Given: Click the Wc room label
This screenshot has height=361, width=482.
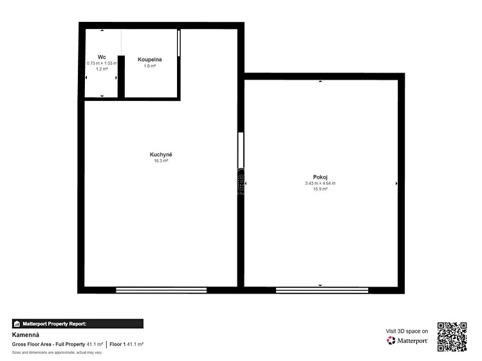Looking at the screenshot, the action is pos(102,57).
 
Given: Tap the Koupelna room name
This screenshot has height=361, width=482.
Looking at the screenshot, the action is pos(150,60).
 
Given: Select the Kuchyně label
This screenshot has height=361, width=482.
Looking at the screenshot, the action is pos(161,155).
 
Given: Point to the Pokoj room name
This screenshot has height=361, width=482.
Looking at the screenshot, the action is pos(320,177).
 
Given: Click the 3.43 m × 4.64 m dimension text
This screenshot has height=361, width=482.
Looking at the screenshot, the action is pos(320,184).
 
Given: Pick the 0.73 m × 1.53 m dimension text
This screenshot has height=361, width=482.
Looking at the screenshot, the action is pos(102,64).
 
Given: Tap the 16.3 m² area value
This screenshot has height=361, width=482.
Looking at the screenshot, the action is pos(161,161).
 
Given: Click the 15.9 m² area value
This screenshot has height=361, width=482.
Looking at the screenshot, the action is pos(320,189).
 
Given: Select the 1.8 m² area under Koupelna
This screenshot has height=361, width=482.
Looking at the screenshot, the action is pos(150,66).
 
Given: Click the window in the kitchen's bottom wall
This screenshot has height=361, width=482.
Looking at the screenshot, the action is pos(161,290).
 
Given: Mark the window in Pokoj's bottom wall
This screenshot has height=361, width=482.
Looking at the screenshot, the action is pos(322,290).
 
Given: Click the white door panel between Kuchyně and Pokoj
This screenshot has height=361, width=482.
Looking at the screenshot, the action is pos(241,150).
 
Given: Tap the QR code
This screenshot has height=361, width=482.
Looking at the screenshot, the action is pos(452,337).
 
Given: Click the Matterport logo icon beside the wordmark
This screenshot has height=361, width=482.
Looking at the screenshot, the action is pos(391,340).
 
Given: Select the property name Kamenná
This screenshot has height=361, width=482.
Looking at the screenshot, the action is pos(26,335).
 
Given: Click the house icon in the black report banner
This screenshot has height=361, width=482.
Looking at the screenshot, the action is pos(17,324).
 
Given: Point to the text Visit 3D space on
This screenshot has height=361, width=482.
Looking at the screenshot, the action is pos(407,331).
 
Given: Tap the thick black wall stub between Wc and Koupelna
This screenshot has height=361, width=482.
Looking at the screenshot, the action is pos(121,76).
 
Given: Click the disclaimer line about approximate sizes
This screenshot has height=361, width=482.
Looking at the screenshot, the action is pos(57,353).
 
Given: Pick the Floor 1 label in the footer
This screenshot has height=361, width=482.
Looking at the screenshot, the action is pos(117,344).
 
